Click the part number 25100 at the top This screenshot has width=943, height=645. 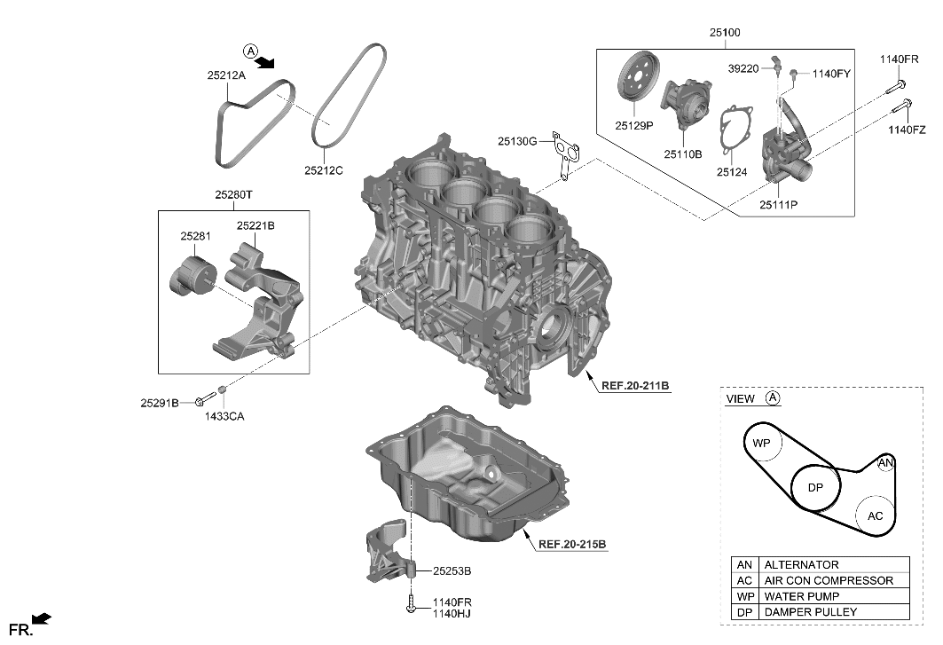pos(724,33)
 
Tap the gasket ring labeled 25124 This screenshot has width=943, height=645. pos(734,134)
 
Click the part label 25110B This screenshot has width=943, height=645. pos(684,153)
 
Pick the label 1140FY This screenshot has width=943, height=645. pos(830,74)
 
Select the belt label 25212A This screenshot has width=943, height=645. pos(225,76)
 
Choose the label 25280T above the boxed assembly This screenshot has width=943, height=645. pos(233,193)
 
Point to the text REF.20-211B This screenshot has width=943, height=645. pos(634,386)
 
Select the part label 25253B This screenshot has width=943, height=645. pos(452,571)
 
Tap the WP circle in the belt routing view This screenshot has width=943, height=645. pos(761,442)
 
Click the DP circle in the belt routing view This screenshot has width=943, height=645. pos(815,487)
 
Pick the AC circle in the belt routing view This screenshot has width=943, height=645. pos(875,515)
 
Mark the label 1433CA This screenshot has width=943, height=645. pos(224,416)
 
